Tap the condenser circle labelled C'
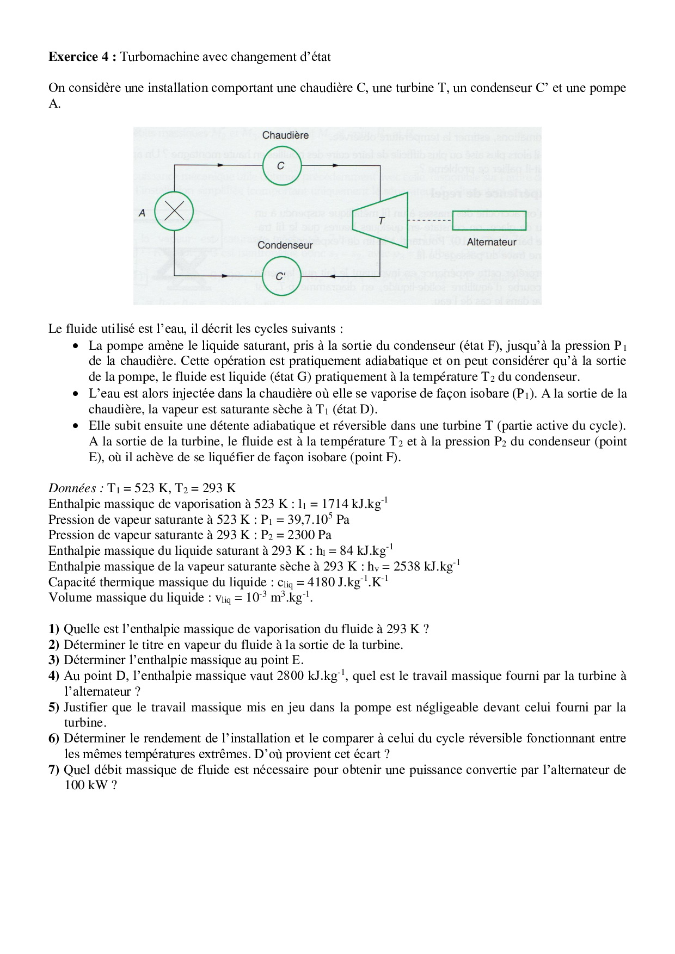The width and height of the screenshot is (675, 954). coord(281,276)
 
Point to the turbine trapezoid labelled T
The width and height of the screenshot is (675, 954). coord(381,220)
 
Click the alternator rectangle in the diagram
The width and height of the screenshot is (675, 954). coord(489,220)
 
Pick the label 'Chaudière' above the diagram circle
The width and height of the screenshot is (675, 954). coord(285,135)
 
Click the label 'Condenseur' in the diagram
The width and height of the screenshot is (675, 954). coord(285,245)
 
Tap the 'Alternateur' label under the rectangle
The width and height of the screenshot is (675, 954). coord(491,242)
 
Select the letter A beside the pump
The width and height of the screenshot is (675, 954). coord(142,213)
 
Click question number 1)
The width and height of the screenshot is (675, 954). coord(54,629)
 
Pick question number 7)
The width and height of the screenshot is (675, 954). coord(54,770)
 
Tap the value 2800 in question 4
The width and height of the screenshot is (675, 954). coord(291,676)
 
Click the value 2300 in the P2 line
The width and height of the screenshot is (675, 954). coord(302,535)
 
